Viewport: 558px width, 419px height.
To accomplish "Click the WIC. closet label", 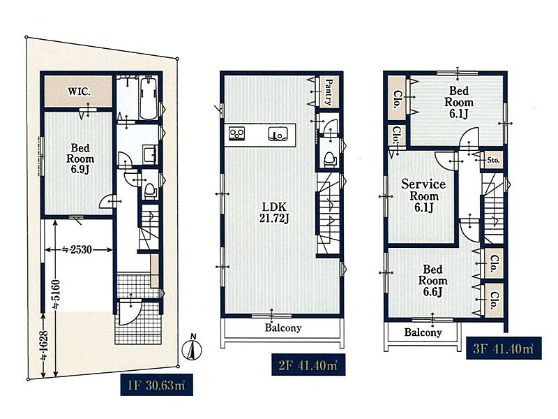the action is (79, 91).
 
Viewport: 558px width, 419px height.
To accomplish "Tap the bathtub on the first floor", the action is (149, 98).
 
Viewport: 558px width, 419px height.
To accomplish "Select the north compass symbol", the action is (192, 348).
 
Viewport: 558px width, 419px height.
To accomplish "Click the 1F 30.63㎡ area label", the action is (156, 385).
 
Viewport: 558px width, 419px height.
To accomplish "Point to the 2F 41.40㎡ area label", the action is (308, 365).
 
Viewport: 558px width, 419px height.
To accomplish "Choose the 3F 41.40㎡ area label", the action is (504, 348).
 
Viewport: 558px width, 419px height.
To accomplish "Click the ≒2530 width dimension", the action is (77, 250).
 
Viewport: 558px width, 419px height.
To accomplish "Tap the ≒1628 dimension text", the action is (45, 346).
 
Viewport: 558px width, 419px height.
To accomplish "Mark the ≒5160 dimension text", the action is (56, 294).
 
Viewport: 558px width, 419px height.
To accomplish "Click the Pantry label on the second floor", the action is (329, 92).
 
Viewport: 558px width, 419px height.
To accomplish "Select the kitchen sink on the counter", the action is (278, 133).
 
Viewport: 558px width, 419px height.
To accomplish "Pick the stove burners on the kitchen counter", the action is (236, 133).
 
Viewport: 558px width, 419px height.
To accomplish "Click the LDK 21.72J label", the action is (273, 212).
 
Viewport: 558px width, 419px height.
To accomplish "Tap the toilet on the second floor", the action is (329, 159).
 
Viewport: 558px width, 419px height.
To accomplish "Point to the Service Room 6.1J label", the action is (423, 196).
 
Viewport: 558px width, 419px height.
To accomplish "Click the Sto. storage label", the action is (493, 160).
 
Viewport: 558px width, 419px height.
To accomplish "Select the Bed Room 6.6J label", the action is (432, 281).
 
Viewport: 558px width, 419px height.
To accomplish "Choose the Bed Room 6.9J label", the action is (80, 159).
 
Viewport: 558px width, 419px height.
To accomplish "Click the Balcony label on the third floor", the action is (423, 332).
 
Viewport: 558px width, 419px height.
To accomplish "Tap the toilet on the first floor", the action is (150, 191).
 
